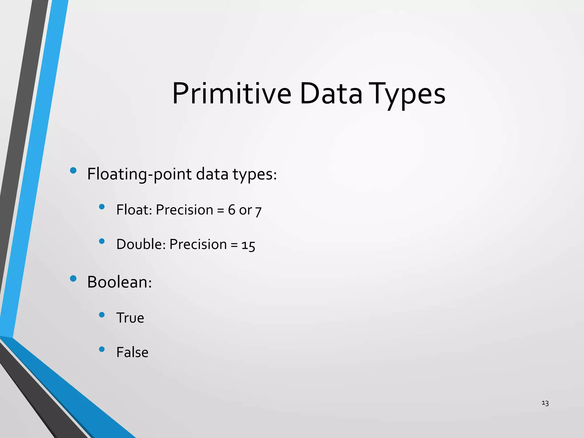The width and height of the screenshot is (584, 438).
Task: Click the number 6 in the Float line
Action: point(232,210)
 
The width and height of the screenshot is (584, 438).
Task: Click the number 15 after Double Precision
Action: point(248,246)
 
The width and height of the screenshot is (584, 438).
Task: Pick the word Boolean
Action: point(119,282)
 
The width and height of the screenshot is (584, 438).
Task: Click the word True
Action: point(130,318)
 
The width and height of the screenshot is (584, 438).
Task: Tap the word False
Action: point(132,352)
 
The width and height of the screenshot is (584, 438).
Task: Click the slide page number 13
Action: point(545,403)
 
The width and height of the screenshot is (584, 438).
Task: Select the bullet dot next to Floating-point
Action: point(73,171)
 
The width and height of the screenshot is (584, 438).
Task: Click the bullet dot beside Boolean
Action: point(73,278)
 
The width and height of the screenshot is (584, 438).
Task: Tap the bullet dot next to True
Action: point(102,315)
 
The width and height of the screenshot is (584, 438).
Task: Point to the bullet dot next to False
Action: point(102,349)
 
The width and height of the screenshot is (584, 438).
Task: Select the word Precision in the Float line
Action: point(184,210)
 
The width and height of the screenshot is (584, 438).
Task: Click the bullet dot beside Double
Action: point(102,241)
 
